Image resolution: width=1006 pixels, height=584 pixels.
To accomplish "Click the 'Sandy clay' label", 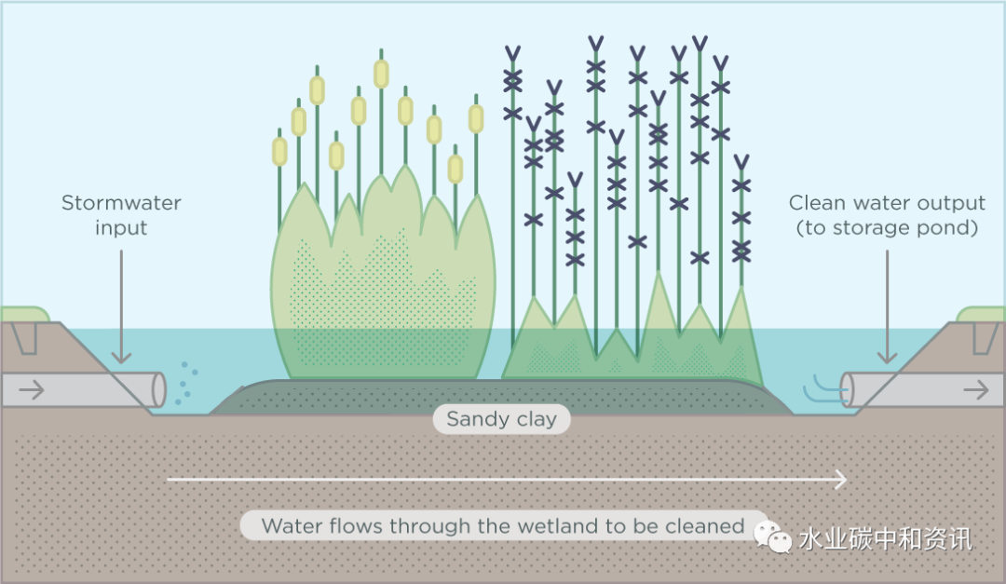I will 501,419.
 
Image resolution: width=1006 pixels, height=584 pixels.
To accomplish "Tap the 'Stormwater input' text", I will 121,215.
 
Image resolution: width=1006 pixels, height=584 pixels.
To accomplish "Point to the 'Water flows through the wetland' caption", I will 503,526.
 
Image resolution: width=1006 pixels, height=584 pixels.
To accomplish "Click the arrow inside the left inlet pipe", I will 32,390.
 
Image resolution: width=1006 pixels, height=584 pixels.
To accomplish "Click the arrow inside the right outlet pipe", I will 975,390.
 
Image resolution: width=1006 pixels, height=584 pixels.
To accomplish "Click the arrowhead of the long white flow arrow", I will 841,479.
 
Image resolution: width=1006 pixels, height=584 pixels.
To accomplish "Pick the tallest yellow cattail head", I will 381,74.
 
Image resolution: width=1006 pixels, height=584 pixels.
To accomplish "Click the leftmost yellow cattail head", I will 279,152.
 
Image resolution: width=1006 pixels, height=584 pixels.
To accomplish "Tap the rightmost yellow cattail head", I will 476,118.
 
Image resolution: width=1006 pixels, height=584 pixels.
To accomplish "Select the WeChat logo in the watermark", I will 772,536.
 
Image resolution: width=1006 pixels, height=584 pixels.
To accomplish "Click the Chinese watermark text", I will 885,538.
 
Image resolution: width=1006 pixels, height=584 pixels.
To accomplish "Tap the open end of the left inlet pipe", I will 158,389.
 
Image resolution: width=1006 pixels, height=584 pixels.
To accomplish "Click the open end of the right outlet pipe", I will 849,389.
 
